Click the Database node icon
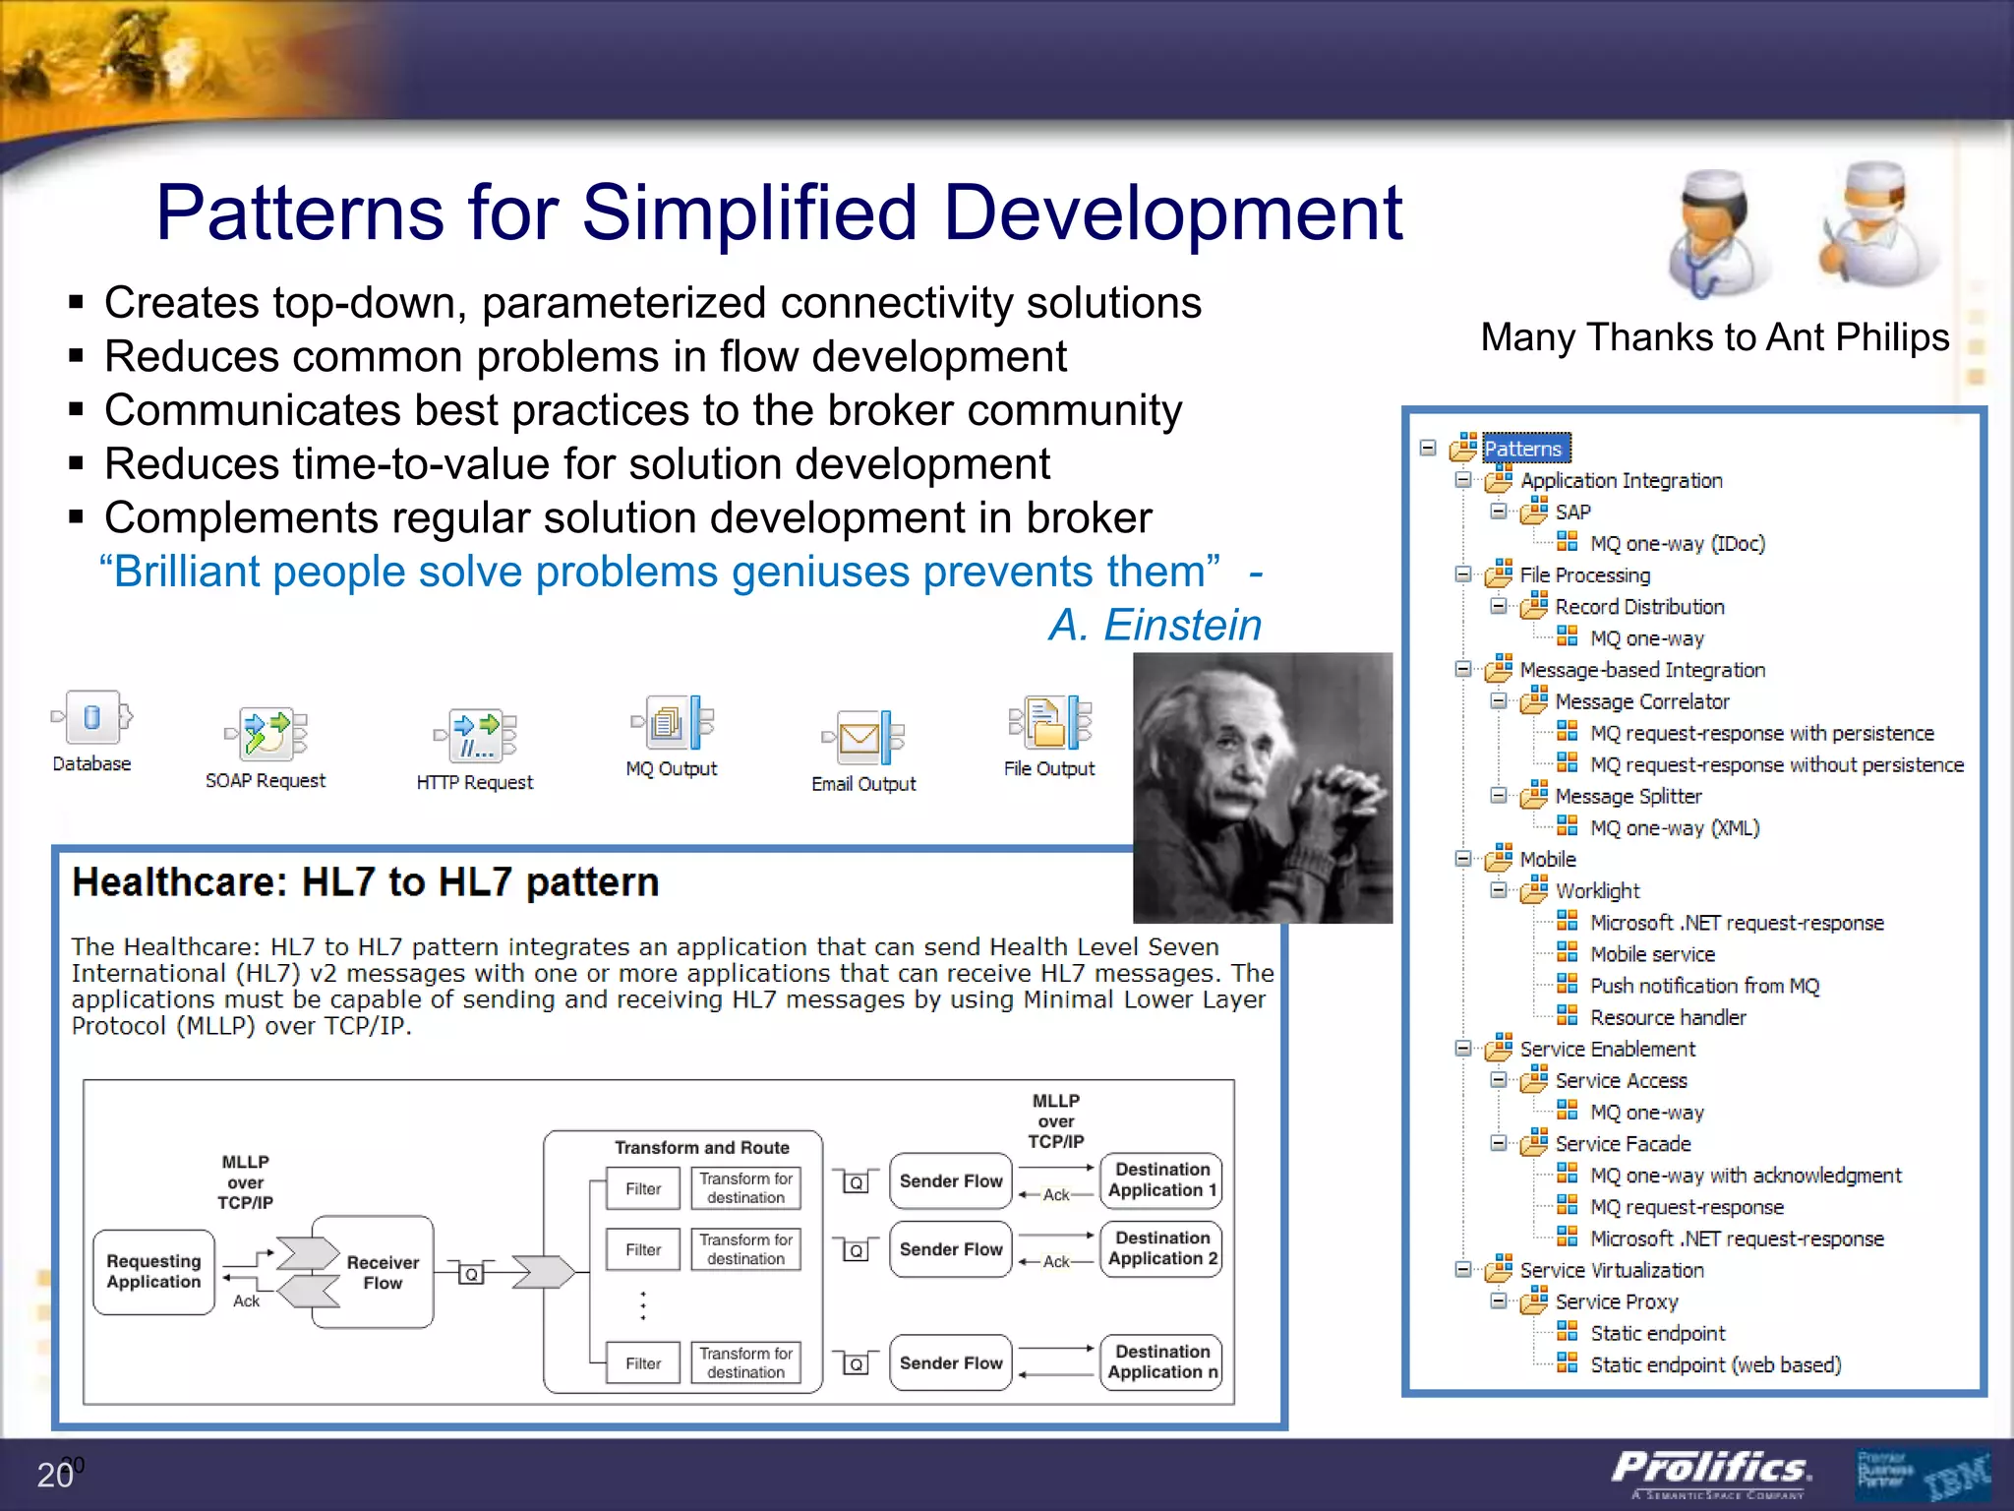91,718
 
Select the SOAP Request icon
266,734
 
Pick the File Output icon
1049,722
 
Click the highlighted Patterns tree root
1523,449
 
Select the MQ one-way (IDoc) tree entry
1677,543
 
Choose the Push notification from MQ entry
1704,986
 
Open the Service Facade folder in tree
1623,1144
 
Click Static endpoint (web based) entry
1715,1365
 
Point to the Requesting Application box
154,1271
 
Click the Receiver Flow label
383,1272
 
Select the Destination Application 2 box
1161,1248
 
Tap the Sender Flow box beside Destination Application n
950,1362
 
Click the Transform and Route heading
702,1147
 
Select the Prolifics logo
1711,1470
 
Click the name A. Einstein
1155,625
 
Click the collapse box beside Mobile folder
1463,859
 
